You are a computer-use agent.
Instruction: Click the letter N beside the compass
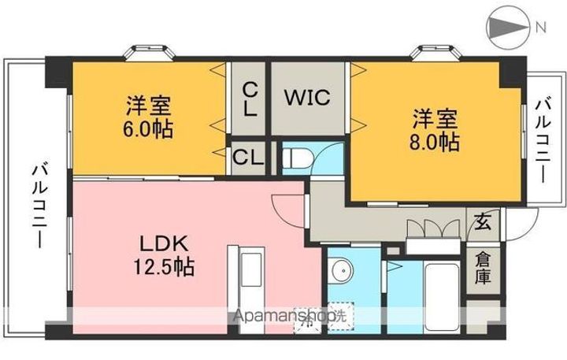pos(542,27)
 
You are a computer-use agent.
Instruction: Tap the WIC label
pos(307,99)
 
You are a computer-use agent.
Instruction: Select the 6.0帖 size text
pos(147,128)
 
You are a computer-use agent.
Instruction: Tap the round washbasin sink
pos(341,272)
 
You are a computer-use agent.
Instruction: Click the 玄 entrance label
pos(482,223)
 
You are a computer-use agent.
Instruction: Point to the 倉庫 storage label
pos(482,268)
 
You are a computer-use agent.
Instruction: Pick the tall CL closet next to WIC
pos(248,98)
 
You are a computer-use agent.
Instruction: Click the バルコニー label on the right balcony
pos(543,140)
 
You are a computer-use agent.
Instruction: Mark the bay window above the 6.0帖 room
pos(146,52)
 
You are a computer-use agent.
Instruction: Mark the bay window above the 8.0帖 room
pos(432,52)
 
